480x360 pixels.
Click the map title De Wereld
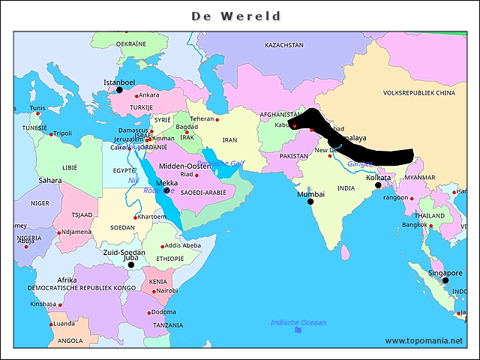click(x=236, y=16)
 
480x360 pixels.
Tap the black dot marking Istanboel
click(x=119, y=90)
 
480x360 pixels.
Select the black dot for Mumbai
click(x=310, y=202)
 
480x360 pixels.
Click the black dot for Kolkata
click(x=379, y=185)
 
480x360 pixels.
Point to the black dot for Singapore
click(x=445, y=281)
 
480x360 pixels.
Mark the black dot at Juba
click(x=130, y=265)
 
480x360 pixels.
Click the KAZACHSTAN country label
click(x=284, y=45)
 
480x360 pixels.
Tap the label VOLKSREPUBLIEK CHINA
click(x=419, y=94)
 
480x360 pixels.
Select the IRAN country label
click(x=229, y=140)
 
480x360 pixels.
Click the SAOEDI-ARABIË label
click(x=203, y=193)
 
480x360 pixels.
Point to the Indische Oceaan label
click(x=298, y=322)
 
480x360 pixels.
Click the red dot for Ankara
click(x=136, y=95)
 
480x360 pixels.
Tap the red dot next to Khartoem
click(x=135, y=217)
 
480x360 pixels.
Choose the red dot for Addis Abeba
click(x=161, y=246)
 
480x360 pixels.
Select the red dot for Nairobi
click(x=154, y=291)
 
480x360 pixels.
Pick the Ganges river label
click(x=360, y=163)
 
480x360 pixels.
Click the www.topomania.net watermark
click(x=424, y=341)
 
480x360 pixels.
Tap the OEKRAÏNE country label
click(x=131, y=44)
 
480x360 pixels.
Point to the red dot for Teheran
click(x=217, y=119)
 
